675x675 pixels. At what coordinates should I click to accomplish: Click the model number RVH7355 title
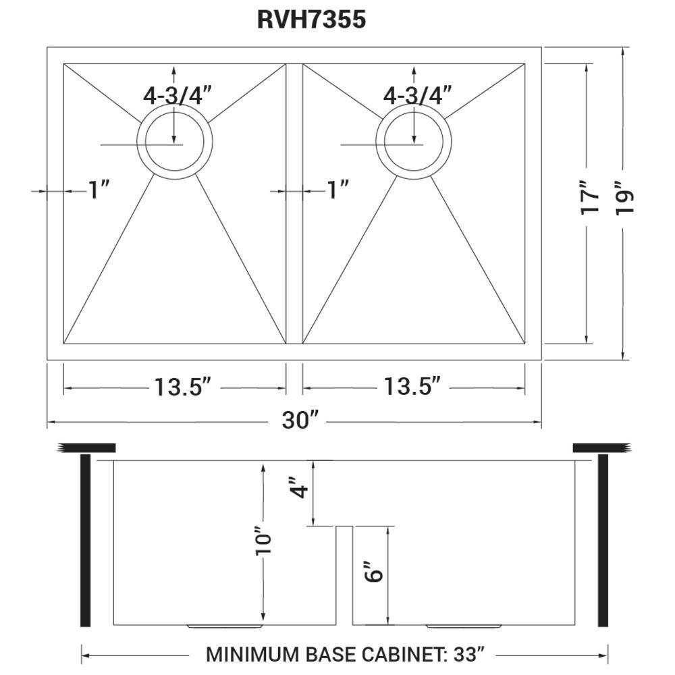point(311,20)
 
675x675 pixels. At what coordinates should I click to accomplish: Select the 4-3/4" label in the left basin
point(178,95)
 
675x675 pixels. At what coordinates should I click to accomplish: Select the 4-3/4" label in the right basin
point(417,95)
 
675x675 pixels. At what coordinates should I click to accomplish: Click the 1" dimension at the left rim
point(99,191)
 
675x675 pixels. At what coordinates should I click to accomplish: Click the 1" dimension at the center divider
point(337,191)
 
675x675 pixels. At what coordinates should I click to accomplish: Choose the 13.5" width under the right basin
point(413,387)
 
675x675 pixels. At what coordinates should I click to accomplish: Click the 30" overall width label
point(300,421)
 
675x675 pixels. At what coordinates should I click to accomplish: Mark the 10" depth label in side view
point(263,540)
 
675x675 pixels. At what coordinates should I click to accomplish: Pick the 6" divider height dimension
point(375,571)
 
